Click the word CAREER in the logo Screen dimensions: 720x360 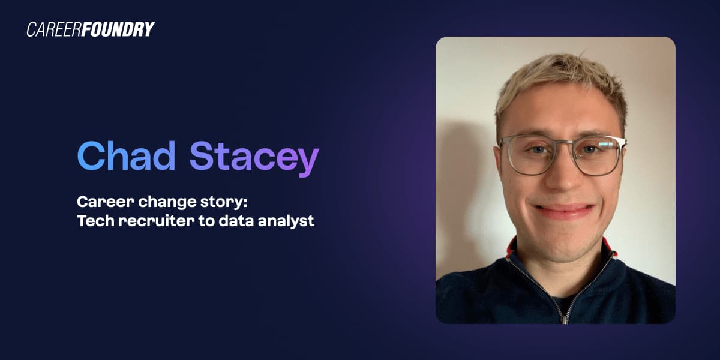click(54, 29)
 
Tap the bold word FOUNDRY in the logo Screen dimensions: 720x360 click(118, 29)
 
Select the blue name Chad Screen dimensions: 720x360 click(127, 155)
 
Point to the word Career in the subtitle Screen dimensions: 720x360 click(106, 202)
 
